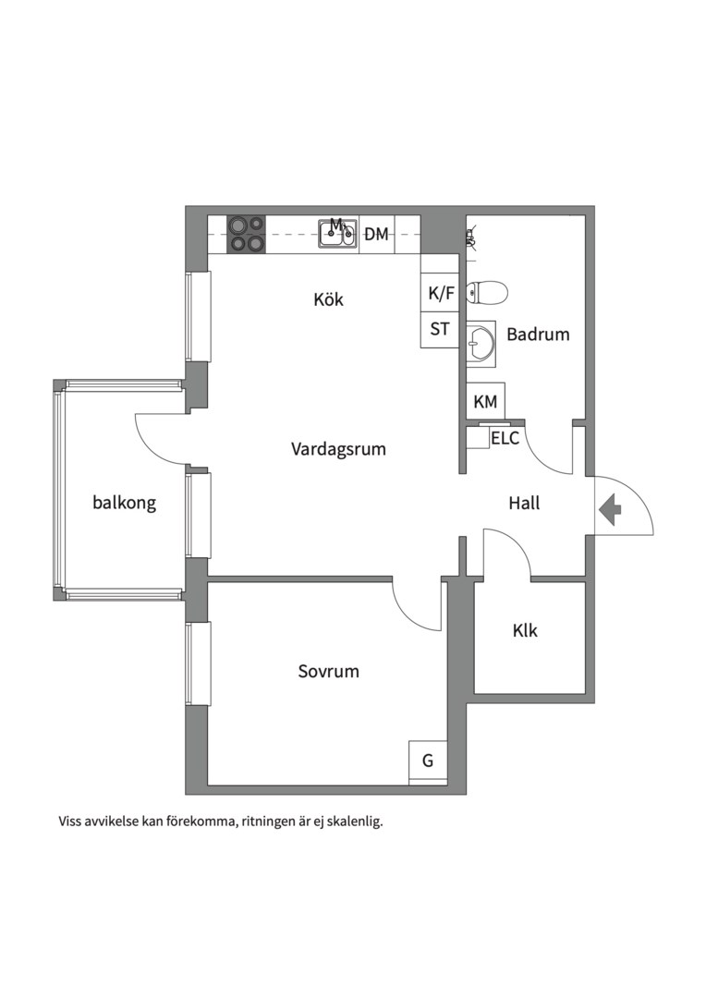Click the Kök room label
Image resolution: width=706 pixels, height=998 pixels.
click(328, 299)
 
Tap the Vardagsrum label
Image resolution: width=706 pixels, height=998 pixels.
click(338, 449)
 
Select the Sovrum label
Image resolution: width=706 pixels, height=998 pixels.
click(328, 671)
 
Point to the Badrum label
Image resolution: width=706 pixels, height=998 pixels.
click(538, 335)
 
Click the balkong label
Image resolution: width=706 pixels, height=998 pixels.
click(124, 503)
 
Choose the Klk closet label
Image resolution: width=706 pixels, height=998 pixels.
click(525, 630)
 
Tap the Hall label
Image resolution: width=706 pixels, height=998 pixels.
click(524, 504)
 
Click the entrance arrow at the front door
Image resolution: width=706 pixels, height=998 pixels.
click(611, 510)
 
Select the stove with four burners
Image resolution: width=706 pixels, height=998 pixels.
click(247, 234)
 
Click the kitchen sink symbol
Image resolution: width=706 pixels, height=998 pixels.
click(338, 234)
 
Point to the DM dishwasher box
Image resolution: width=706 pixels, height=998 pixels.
click(377, 234)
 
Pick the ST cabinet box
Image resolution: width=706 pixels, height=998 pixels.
click(440, 329)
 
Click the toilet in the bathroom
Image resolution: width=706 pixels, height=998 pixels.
click(487, 294)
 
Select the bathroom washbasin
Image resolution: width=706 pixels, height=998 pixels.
click(481, 343)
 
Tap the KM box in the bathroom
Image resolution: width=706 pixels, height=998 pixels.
click(486, 402)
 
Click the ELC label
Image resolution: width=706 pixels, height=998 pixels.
click(505, 439)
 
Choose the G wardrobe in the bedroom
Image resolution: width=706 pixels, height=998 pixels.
click(428, 761)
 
